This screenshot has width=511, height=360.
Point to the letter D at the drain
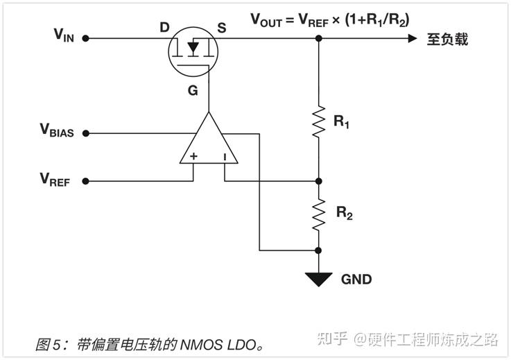pos(164,28)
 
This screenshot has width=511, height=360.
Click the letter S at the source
pos(222,28)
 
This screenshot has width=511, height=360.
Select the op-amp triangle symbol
pos(208,142)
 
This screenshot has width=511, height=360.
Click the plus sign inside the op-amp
pos(193,157)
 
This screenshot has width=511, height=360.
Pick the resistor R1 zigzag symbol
pos(319,121)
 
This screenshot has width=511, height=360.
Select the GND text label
pos(356,280)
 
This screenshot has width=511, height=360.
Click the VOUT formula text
pos(329,19)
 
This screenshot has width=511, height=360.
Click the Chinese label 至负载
pos(447,39)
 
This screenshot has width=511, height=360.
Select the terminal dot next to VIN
pos(86,38)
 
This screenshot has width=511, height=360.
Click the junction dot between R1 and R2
pos(319,181)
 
